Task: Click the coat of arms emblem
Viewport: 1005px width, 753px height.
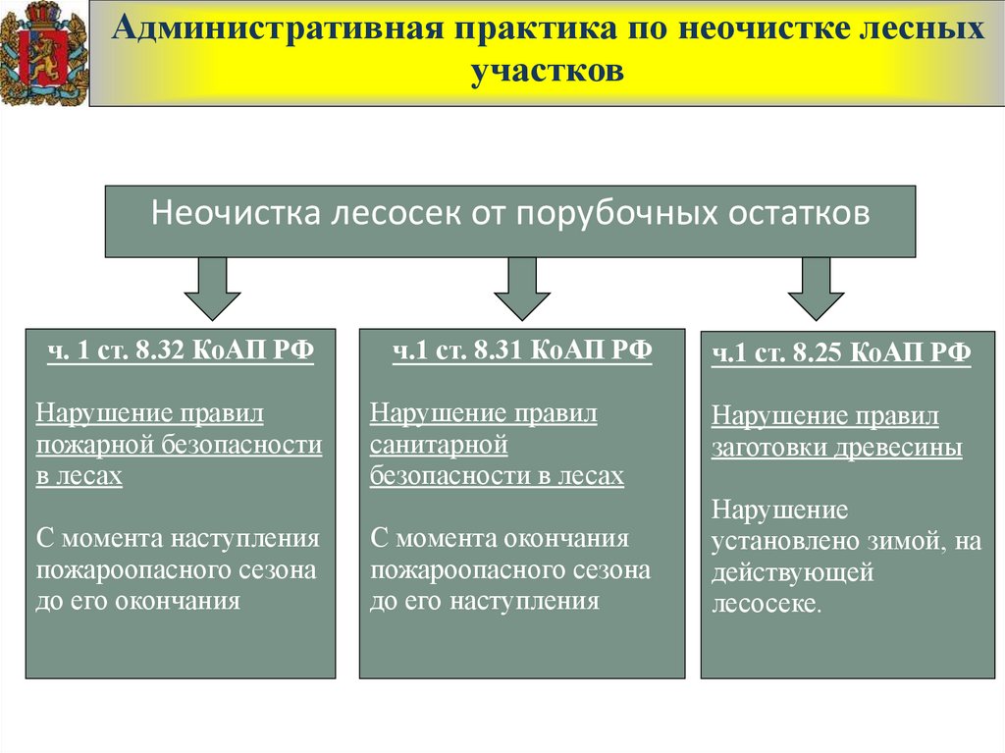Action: coord(43,52)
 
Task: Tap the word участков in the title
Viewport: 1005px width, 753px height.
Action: coord(548,70)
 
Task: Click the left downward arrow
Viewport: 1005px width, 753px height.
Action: coord(212,288)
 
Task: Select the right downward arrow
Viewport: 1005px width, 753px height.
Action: coord(817,288)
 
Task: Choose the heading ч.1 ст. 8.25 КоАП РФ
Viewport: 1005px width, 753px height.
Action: coord(841,353)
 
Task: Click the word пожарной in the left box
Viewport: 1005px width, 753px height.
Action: coord(91,446)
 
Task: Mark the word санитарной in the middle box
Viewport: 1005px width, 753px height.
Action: coord(439,446)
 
